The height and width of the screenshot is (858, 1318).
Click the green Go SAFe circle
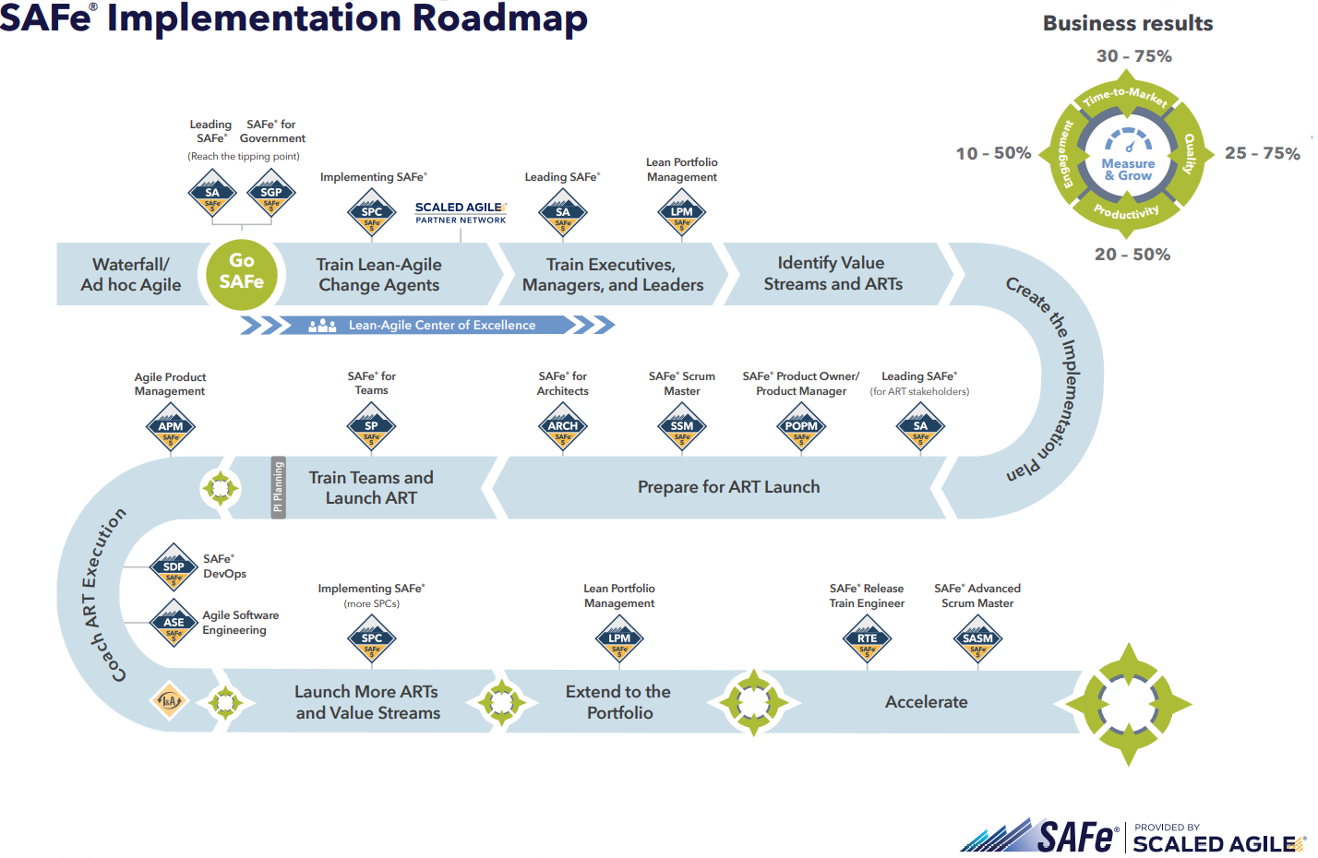coord(241,272)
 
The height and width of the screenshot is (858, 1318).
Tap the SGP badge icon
coord(271,194)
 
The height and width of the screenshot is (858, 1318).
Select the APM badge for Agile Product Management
coord(171,427)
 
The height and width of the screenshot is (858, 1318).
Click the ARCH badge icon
coord(563,427)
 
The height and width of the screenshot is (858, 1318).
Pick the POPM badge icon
coord(801,427)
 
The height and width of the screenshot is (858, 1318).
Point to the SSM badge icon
coord(682,427)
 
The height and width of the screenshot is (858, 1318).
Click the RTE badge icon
coord(868,639)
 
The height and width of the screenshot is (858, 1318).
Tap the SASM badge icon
coord(977,639)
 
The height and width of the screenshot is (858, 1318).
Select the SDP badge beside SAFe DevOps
coord(174,568)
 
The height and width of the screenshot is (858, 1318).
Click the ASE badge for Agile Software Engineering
coord(174,624)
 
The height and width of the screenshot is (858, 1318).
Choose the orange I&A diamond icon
coord(169,701)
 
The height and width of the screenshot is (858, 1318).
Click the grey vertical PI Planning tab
coord(278,487)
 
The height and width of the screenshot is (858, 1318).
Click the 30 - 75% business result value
coord(1133,56)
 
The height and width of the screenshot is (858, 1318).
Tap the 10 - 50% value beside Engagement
coord(993,153)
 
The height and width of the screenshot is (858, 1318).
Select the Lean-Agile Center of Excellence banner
coord(427,325)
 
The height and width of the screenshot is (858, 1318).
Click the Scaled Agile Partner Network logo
coord(461,213)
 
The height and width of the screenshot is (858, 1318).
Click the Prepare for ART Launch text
coord(728,487)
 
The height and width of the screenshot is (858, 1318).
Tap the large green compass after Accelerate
coord(1128,705)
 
